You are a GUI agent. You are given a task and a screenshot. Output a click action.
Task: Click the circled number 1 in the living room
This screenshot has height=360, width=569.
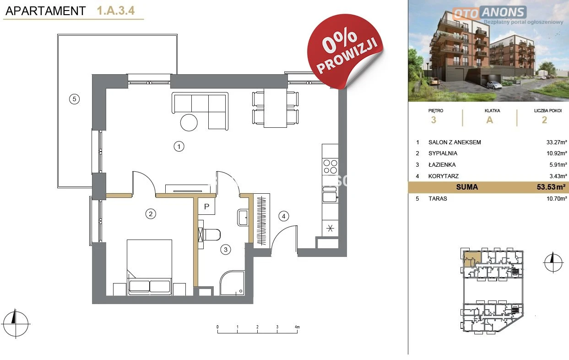point(179,147)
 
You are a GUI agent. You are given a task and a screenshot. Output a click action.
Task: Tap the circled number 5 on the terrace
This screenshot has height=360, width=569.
point(75,99)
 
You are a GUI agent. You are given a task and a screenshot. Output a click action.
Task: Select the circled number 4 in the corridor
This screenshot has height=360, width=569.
point(283,216)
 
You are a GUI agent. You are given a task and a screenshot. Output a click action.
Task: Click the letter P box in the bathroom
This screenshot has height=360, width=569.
point(206,206)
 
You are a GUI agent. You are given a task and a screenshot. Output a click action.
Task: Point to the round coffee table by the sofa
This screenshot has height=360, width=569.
point(189,123)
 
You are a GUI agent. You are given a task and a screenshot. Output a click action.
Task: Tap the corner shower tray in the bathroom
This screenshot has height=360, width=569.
point(232,283)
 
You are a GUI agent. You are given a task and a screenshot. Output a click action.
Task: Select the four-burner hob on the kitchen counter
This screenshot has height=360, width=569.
point(330,167)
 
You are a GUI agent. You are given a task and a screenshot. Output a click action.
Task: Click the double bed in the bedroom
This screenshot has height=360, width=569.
point(149,267)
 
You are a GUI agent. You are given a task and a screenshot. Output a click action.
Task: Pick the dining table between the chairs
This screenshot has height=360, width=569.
point(276,108)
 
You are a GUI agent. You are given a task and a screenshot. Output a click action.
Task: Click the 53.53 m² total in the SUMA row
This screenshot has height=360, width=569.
point(551,187)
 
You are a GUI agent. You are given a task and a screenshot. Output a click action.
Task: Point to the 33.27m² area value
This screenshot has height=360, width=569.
point(557,142)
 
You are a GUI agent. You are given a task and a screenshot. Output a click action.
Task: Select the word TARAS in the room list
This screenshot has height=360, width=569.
point(438,199)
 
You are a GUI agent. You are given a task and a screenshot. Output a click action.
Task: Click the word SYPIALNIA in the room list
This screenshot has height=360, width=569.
point(443,153)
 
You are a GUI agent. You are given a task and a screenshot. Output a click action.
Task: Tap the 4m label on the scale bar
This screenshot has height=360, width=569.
point(297,327)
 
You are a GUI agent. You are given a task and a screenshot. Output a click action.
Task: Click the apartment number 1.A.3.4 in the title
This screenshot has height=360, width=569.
point(115,11)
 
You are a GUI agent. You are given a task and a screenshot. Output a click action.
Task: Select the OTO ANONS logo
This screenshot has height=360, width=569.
point(489,13)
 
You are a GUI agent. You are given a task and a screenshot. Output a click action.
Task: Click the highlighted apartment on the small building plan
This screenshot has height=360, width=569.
point(471,259)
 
